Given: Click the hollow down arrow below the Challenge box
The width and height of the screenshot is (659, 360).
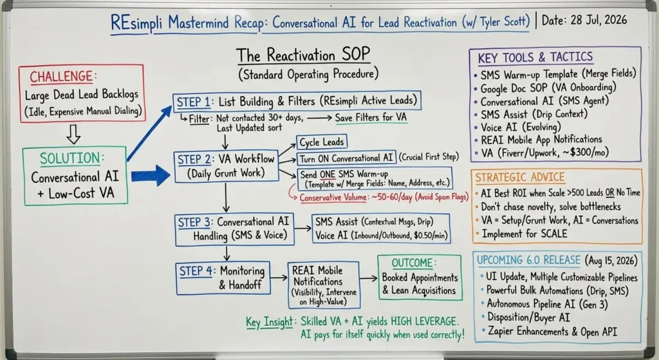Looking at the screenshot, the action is tap(73, 134).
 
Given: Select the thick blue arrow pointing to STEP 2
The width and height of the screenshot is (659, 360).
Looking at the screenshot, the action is tap(151, 175).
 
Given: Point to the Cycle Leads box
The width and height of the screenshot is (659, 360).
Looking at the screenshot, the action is tap(322, 142).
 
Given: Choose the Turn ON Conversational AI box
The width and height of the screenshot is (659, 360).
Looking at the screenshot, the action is tap(346, 158).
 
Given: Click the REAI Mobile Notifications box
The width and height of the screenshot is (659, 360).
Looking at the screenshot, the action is tap(324, 285).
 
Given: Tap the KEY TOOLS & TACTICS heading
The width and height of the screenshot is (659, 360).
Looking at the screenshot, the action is tap(535, 57).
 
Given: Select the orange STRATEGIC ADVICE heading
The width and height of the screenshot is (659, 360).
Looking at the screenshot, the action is tap(520, 178).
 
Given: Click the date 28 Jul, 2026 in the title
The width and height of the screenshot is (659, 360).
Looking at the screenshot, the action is tap(584, 20).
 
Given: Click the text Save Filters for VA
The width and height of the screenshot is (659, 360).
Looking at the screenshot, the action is tap(371, 117).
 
